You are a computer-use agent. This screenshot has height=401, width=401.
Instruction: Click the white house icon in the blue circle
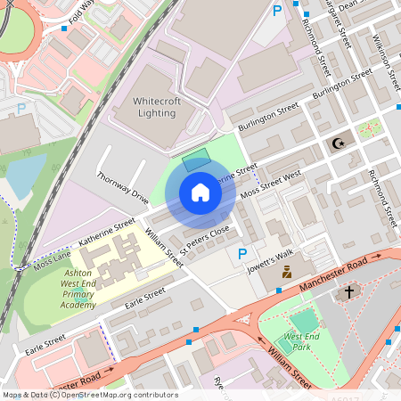tap(200, 192)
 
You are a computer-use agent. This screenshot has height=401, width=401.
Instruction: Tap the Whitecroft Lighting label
tap(156, 107)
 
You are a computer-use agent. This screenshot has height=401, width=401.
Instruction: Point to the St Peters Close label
tap(204, 238)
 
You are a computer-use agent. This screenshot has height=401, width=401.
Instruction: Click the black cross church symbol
tap(349, 291)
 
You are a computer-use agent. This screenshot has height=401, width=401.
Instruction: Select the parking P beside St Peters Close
tap(241, 255)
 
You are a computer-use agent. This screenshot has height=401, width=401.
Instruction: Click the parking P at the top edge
tap(277, 10)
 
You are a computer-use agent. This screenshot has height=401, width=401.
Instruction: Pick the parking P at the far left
tap(21, 109)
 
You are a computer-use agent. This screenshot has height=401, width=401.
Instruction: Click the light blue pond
tap(25, 175)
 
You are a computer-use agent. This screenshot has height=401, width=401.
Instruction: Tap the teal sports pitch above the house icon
tap(195, 161)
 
